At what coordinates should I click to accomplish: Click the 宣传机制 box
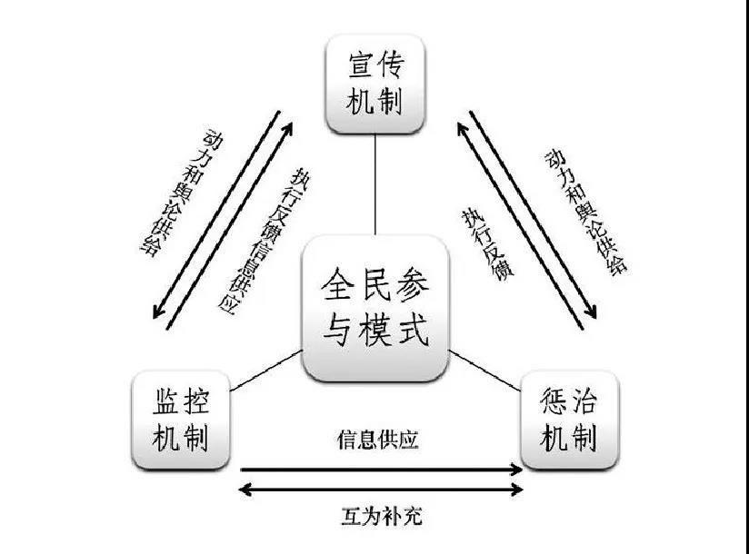[x=375, y=84]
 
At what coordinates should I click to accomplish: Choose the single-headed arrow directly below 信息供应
[x=381, y=470]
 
